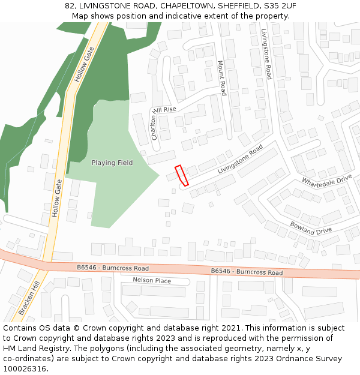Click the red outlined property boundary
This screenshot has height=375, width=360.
tap(181, 175)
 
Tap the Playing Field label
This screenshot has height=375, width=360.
tap(112, 163)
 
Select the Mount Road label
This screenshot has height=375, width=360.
tap(221, 78)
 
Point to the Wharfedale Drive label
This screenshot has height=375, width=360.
tap(326, 180)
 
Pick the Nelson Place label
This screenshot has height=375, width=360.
tap(152, 281)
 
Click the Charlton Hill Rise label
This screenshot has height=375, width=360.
tap(163, 120)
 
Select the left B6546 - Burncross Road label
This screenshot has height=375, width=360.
tap(113, 268)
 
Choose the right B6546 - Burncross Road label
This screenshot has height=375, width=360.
tap(247, 272)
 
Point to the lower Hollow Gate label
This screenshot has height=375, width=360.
tap(57, 199)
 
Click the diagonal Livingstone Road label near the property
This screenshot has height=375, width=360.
tap(240, 160)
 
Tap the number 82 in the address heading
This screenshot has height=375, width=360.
tap(70, 6)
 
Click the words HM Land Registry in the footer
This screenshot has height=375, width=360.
tap(32, 348)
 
